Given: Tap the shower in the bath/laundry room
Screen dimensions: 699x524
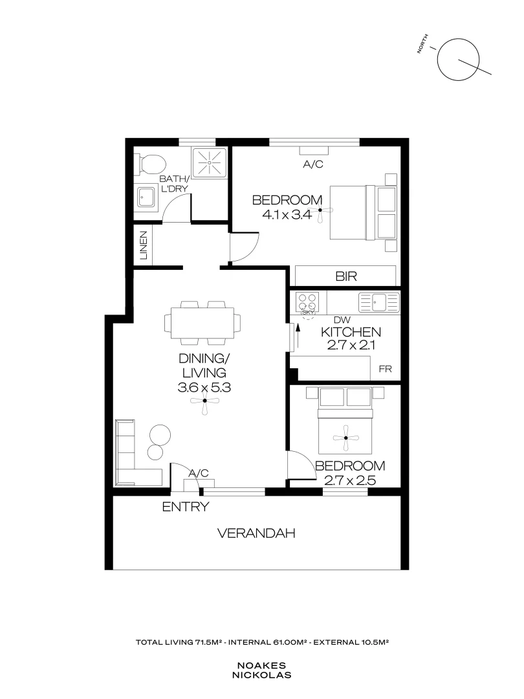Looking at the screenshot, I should (x=210, y=164).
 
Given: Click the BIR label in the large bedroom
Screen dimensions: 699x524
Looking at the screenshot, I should (x=346, y=276).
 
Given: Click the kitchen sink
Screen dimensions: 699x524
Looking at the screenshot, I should (x=379, y=300).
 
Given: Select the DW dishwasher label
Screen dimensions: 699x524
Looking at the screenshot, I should (x=341, y=319).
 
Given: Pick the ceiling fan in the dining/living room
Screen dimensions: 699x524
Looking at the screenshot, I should (x=204, y=401).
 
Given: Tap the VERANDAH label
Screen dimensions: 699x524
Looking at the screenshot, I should (x=256, y=534).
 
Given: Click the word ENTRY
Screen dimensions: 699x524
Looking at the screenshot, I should (x=185, y=507).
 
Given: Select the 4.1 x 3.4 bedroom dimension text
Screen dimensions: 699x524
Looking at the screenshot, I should (x=287, y=216).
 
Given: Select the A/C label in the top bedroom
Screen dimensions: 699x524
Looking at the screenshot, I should (x=313, y=164).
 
